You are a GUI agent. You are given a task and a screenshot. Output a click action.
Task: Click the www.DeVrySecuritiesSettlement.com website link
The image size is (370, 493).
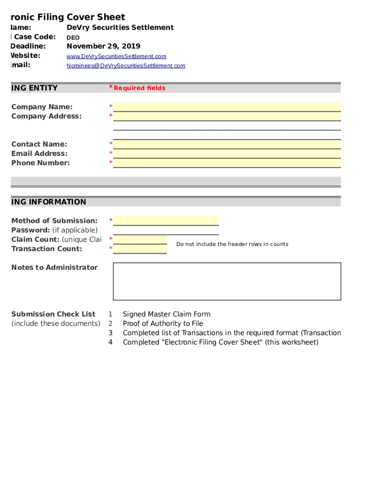pos(116,56)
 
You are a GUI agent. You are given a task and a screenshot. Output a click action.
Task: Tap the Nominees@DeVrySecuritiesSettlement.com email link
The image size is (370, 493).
pos(125,65)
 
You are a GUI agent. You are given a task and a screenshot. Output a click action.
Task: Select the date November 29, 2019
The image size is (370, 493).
pos(103,46)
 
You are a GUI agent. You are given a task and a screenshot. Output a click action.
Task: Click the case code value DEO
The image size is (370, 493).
pos(73,38)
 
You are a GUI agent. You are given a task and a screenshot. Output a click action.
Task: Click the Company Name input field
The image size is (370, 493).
pos(227,107)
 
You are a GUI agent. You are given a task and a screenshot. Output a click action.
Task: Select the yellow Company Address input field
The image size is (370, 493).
pos(227,116)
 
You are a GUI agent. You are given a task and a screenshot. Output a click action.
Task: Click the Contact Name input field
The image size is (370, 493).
pos(227,144)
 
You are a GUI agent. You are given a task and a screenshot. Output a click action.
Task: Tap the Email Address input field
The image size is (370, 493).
pos(227,154)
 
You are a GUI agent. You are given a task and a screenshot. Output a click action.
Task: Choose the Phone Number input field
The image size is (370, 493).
pos(227,163)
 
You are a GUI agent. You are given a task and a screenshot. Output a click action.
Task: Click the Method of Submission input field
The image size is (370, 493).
pos(166,221)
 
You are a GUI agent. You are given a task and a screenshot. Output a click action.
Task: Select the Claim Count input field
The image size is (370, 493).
pos(140,239)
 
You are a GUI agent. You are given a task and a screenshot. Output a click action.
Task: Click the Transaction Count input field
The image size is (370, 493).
pos(140,248)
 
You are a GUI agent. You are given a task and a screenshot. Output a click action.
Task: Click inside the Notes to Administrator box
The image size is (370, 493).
pos(227,281)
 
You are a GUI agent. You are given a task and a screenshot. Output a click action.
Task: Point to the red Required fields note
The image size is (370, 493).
pos(139,88)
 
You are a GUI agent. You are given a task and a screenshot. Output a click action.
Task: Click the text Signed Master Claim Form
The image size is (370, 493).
pos(166,314)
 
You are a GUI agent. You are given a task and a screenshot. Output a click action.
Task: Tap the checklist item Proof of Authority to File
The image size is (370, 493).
pos(163,324)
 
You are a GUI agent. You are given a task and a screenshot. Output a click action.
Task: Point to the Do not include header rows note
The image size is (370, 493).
pos(232,244)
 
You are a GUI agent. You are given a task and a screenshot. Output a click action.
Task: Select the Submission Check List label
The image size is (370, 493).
pos(53,314)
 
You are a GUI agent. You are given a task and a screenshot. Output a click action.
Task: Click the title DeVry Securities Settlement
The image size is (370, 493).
pos(120,27)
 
